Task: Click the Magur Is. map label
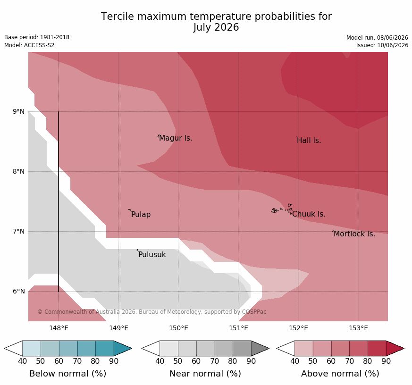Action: (176, 138)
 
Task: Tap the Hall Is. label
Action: (309, 141)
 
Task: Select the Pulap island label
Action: (141, 215)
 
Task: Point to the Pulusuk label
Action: (152, 254)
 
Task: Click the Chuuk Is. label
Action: (309, 214)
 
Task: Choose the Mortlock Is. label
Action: (354, 234)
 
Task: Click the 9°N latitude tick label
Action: (18, 112)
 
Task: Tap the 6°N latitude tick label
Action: (18, 291)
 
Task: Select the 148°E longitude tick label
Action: (59, 328)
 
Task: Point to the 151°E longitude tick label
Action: (239, 328)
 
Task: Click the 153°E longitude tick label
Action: (358, 328)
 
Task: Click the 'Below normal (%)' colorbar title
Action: (68, 374)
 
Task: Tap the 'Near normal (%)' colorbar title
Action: (205, 374)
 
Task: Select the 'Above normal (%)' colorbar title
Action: (340, 374)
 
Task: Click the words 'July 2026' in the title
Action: (216, 27)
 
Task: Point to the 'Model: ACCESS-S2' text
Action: (29, 45)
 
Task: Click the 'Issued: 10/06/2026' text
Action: (382, 45)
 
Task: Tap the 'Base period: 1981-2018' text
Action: (37, 37)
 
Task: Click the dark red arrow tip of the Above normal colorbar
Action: (404, 349)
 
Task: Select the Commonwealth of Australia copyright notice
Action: (152, 312)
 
